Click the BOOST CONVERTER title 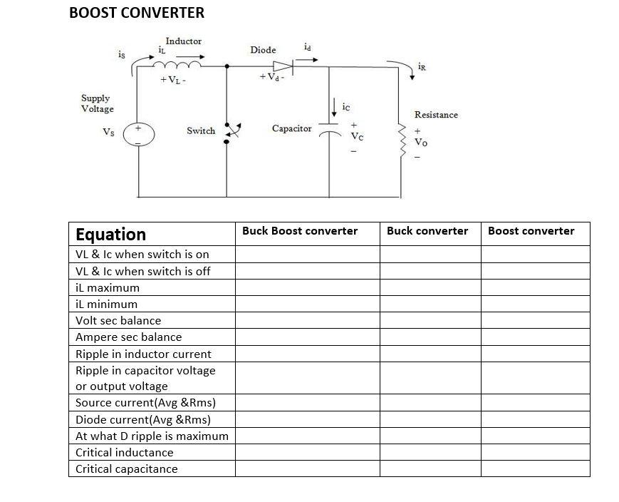pos(137,13)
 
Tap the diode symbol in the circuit pos(283,66)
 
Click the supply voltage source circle pos(137,134)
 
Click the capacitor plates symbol pos(329,133)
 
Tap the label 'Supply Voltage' pos(97,103)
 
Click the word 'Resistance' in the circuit pos(436,115)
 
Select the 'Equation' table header pos(110,235)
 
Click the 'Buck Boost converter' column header pos(300,231)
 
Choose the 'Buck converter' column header pos(427,231)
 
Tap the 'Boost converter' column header pos(531,231)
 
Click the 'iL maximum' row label pos(108,288)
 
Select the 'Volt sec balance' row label pos(118,321)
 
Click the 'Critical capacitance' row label pos(127,469)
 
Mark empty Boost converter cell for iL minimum pos(535,304)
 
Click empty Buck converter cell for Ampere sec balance pos(430,337)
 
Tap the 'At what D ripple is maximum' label pos(152,436)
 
